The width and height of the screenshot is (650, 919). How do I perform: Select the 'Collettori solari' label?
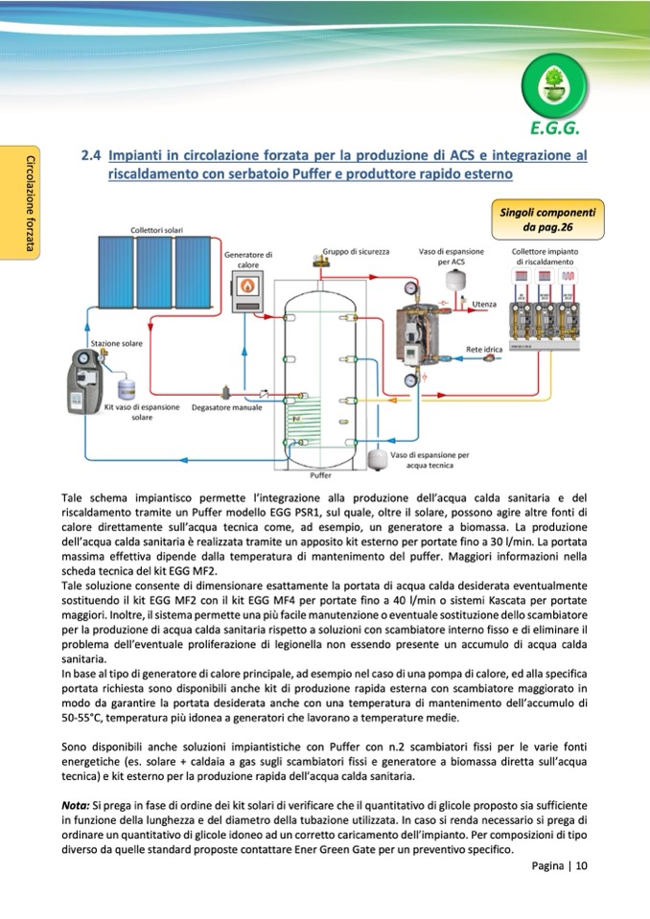(156, 230)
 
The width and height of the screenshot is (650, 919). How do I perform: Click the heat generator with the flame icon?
(249, 284)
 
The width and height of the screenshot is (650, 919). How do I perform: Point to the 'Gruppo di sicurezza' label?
(356, 251)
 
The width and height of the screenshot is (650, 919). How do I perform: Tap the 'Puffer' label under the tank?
(320, 473)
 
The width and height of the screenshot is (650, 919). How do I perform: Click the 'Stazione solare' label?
(117, 342)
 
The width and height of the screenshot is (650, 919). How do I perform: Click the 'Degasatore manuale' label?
(226, 408)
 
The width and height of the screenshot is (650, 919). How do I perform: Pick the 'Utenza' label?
(484, 304)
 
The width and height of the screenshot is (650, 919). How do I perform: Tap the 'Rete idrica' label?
(483, 349)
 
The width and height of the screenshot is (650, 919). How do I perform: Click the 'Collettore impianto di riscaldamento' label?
(544, 256)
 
